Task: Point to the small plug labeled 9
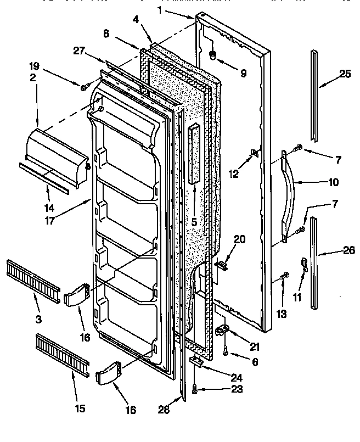[x=212, y=55]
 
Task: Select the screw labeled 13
[x=284, y=276]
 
